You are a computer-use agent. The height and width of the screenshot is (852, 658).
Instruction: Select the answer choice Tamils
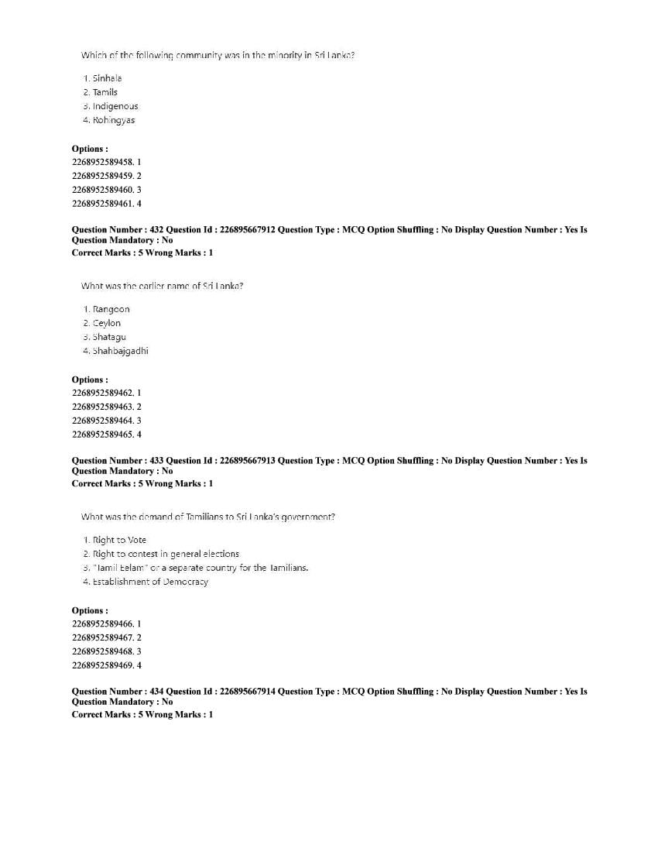pos(105,92)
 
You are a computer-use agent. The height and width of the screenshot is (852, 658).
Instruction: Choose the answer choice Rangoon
pos(111,309)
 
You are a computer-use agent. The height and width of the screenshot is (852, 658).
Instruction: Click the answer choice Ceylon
pos(106,323)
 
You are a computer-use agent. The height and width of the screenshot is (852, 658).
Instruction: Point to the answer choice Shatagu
pos(108,337)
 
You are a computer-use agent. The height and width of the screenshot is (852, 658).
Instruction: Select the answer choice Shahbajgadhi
pos(120,351)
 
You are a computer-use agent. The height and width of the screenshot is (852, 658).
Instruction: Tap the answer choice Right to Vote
pos(118,540)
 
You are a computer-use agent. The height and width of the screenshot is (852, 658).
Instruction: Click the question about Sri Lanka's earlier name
pos(163,286)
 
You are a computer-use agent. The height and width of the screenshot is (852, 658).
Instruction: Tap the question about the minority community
pos(218,55)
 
